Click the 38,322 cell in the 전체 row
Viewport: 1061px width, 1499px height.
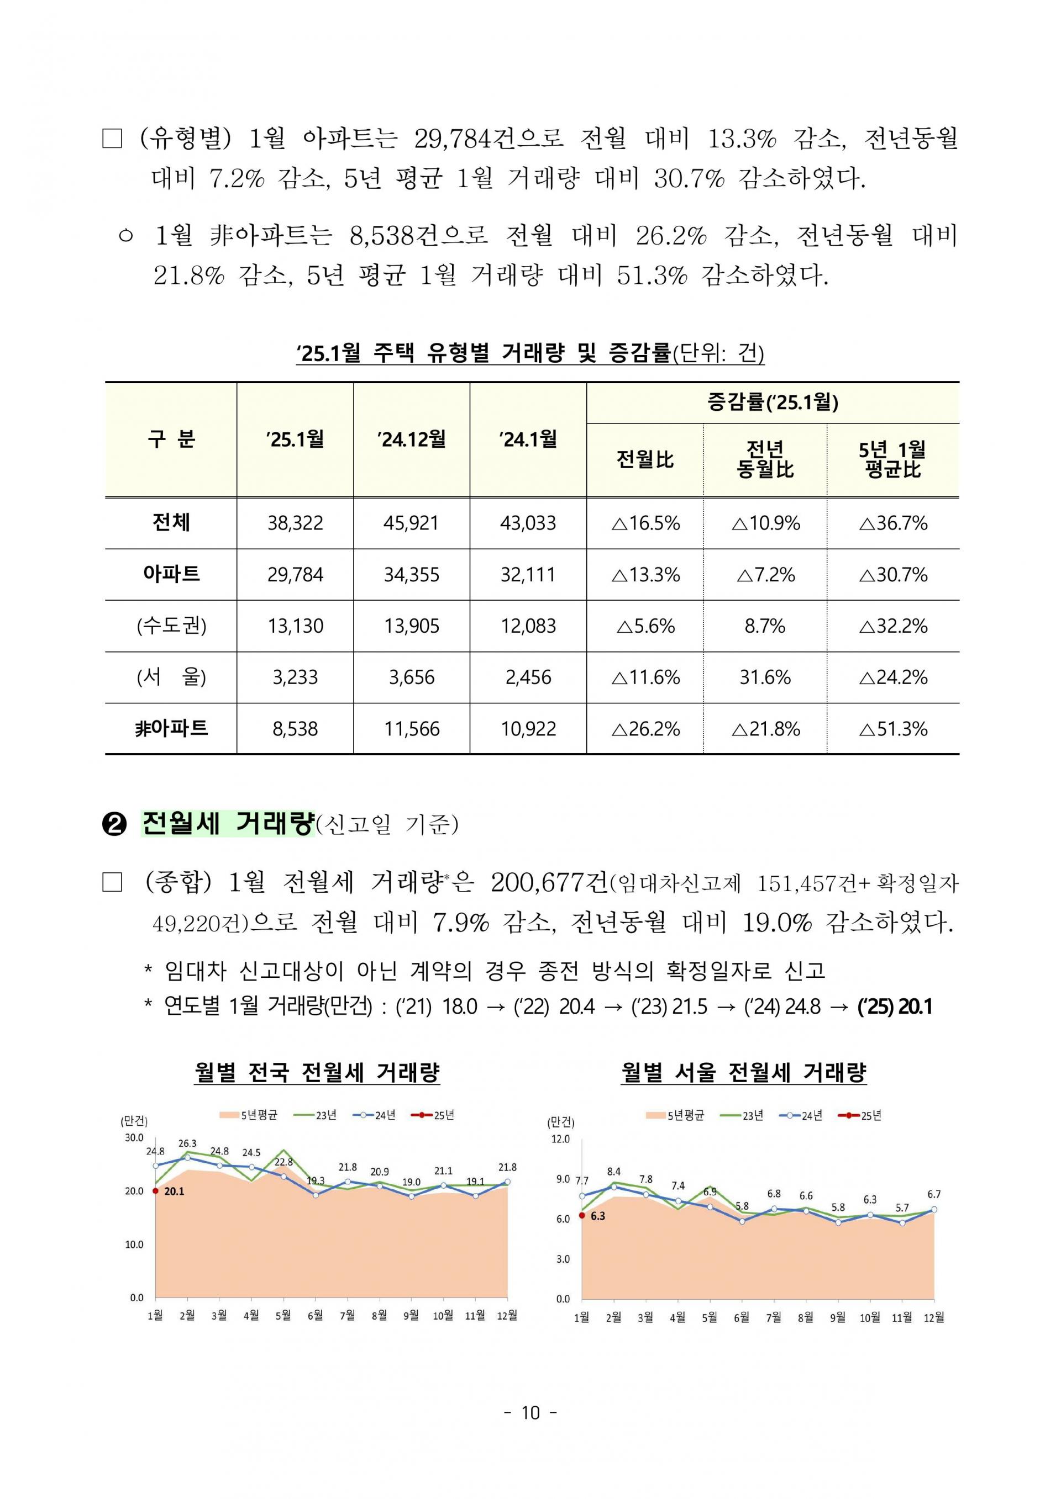pyautogui.click(x=295, y=523)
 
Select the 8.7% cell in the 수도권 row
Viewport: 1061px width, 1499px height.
pyautogui.click(x=764, y=626)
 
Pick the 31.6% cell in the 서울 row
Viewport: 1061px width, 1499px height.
pyautogui.click(x=764, y=677)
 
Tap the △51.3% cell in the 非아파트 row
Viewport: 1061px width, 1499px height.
pyautogui.click(x=893, y=729)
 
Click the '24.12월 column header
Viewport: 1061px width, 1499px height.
pyautogui.click(x=412, y=439)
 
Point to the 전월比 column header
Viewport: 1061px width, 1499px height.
pyautogui.click(x=645, y=459)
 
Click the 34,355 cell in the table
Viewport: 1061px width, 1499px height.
pyautogui.click(x=412, y=575)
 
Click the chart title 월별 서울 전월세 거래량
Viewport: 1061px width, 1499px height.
pyautogui.click(x=743, y=1072)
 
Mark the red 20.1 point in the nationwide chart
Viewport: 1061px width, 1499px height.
pyautogui.click(x=155, y=1191)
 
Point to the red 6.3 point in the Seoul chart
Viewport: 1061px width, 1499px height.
pyautogui.click(x=581, y=1215)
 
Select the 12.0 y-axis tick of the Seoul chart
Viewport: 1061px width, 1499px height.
pyautogui.click(x=561, y=1139)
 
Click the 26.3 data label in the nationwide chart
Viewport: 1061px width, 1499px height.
pyautogui.click(x=187, y=1144)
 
